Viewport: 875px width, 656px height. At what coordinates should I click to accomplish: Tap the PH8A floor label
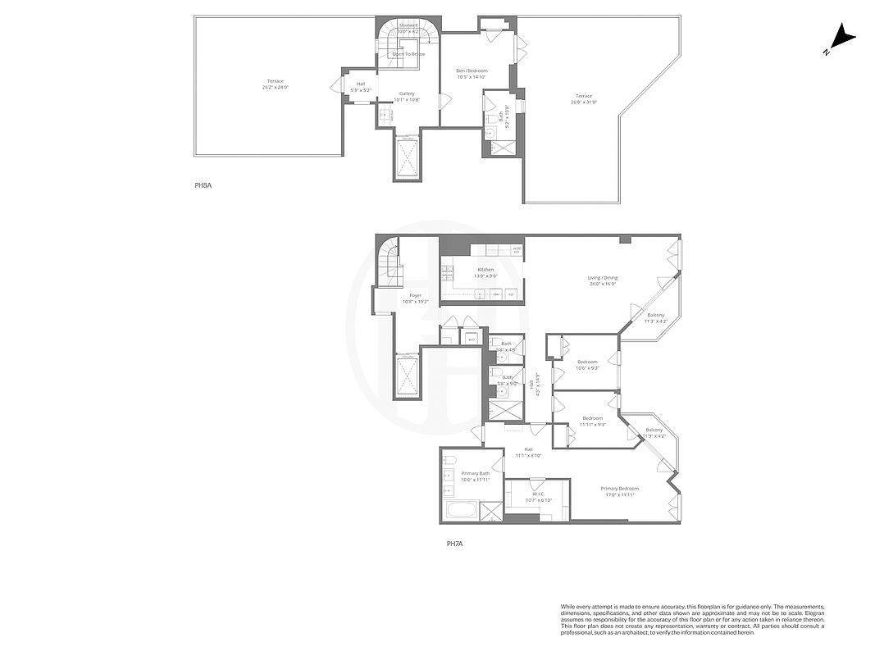[x=203, y=186]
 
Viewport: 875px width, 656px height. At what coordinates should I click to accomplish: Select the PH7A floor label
[x=456, y=543]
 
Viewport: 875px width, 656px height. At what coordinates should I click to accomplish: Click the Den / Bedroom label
[x=472, y=74]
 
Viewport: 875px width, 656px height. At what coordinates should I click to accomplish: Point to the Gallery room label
[x=407, y=96]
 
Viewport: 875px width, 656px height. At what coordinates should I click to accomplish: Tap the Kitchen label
[x=486, y=271]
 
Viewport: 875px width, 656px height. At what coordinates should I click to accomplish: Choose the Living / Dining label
[x=603, y=280]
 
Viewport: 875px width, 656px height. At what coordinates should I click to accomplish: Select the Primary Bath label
[x=475, y=476]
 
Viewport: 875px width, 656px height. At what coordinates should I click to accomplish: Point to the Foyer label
[x=416, y=298]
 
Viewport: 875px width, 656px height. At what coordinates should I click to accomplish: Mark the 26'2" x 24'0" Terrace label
[x=276, y=84]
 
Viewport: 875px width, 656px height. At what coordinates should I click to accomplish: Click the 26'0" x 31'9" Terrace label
[x=582, y=99]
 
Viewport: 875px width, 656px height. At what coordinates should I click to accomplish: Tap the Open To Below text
[x=408, y=54]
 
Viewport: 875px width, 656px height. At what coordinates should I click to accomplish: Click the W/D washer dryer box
[x=472, y=339]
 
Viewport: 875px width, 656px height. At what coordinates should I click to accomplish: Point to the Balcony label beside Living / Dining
[x=655, y=318]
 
